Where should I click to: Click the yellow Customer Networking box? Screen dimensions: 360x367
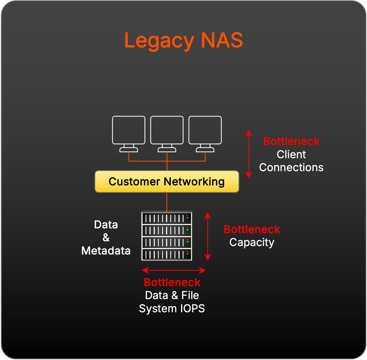(167, 182)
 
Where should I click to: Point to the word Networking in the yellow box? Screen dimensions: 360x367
(194, 182)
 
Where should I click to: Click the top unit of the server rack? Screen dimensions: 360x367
(167, 218)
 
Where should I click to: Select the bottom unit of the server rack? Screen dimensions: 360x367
(167, 255)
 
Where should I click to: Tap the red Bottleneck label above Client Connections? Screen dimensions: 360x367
(291, 141)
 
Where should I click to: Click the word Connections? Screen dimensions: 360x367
(291, 167)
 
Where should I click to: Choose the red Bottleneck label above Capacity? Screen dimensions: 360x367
(252, 229)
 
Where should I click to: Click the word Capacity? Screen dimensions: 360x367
(252, 242)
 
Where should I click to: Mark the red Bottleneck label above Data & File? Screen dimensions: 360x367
(172, 282)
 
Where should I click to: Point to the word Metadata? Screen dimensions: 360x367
(106, 251)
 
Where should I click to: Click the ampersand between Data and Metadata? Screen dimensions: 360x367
(106, 238)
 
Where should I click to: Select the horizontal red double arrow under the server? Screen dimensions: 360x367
(174, 270)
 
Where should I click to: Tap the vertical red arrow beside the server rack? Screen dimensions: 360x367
(208, 236)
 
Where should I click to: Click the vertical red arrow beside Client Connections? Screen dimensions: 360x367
(249, 154)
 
